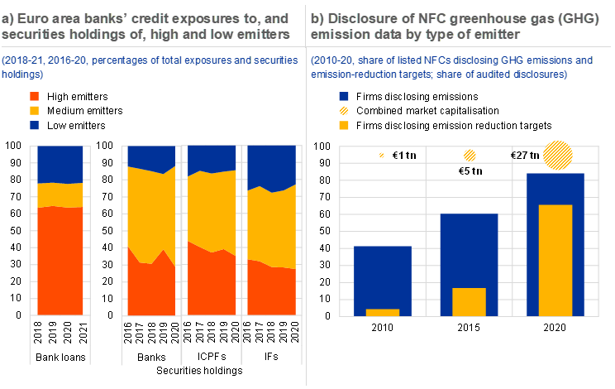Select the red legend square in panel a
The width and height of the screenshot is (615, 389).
click(x=34, y=97)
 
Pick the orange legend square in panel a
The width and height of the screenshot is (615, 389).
click(x=34, y=111)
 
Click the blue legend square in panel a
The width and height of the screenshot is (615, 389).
click(x=34, y=125)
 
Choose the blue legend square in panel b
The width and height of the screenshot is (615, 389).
click(x=344, y=97)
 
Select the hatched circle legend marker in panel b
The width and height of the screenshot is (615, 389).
click(x=344, y=111)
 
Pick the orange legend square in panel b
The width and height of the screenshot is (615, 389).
click(x=344, y=125)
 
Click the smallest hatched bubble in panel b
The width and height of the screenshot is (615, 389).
click(x=381, y=155)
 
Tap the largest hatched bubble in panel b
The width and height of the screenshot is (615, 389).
click(x=558, y=155)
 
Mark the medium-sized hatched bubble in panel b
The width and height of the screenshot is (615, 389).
click(x=470, y=155)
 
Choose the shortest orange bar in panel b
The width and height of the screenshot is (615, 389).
click(x=383, y=312)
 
